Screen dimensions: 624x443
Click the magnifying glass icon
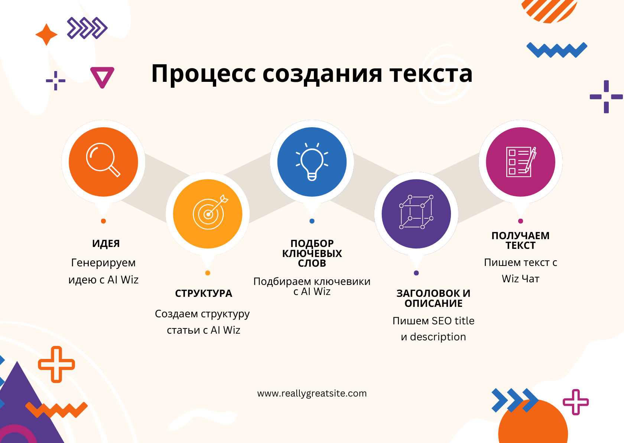pos(103,159)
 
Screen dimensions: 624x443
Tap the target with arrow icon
pos(210,212)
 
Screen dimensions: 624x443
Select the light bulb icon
pos(312,162)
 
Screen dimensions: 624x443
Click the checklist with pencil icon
pos(521,162)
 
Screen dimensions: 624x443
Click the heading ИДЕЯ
pos(106,244)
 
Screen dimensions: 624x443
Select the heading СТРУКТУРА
pos(204,293)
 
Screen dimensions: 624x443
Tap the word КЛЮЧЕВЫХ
pos(312,254)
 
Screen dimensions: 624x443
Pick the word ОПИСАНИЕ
pos(433,304)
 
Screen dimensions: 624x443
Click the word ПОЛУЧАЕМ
pos(520,236)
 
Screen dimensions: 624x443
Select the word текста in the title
pos(431,74)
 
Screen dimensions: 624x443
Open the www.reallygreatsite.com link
pos(312,394)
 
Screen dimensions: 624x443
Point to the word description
pos(438,337)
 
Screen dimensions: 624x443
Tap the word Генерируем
pos(103,263)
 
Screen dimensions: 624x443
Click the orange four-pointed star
pos(46,35)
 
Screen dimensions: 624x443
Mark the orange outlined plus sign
pos(56,365)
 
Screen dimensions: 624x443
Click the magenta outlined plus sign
pos(576,402)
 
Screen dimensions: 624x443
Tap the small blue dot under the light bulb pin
pos(312,221)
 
